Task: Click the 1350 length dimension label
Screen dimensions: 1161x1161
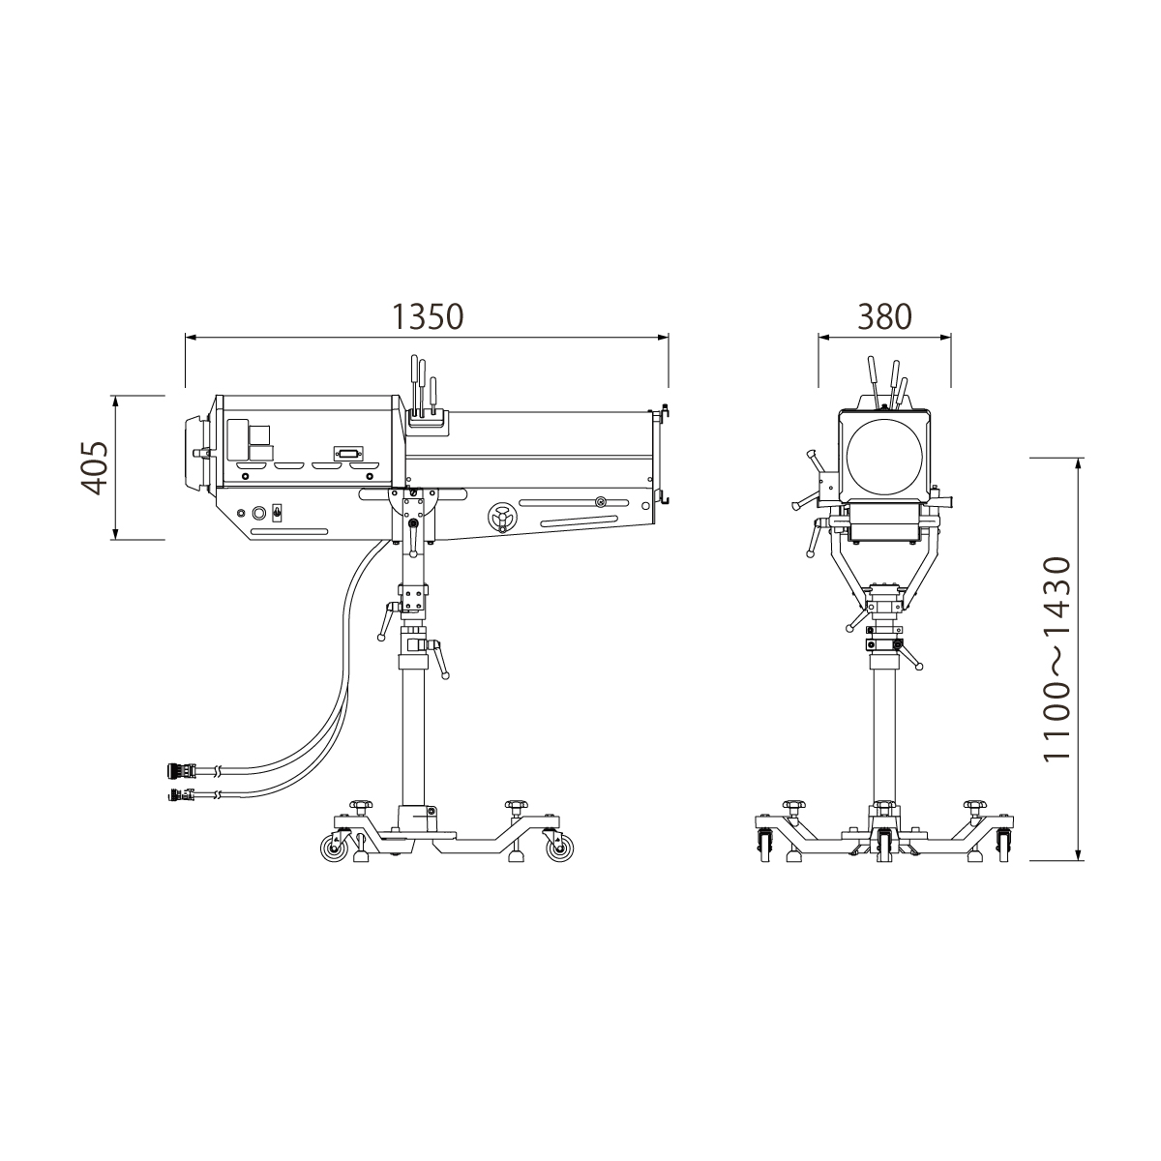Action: tap(428, 316)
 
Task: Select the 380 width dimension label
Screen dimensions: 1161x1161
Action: tap(884, 316)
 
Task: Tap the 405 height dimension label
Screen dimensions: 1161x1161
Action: tap(95, 468)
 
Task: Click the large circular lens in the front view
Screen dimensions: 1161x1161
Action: tap(884, 456)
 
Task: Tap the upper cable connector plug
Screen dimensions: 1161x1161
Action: tap(179, 770)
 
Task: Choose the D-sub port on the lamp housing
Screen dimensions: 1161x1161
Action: tap(349, 455)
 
